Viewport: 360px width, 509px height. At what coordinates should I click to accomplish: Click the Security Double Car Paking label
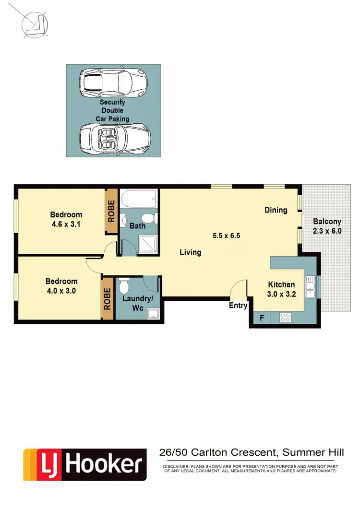[112, 110]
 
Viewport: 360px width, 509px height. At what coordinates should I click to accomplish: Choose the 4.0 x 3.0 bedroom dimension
[61, 290]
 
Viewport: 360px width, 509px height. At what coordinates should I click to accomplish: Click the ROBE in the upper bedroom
[111, 211]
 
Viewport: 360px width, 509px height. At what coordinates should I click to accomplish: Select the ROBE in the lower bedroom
[107, 298]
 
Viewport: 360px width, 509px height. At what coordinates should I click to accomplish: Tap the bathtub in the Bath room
[139, 197]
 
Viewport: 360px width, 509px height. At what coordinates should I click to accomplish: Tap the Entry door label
[238, 306]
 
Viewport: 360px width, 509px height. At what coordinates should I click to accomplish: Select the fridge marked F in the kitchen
[262, 317]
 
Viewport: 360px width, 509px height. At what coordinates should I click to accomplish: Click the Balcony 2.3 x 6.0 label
[327, 225]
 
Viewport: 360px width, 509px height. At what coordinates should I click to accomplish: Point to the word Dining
[276, 210]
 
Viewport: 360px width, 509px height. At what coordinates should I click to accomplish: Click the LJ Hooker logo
[85, 464]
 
